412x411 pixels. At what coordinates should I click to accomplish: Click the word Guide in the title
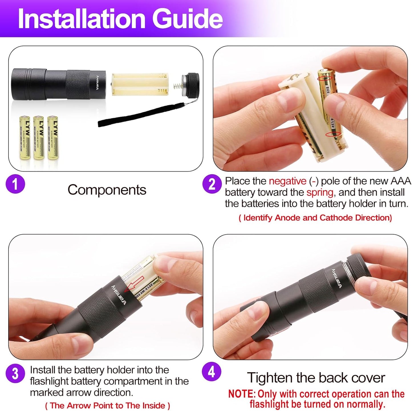187,19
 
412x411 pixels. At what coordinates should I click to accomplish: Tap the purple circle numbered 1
15,184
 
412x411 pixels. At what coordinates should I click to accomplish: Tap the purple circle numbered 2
212,184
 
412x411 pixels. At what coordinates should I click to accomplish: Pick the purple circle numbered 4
211,372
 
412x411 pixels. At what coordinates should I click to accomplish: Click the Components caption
107,190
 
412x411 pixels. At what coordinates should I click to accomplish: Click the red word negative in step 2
287,181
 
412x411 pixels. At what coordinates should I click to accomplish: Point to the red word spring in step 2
320,193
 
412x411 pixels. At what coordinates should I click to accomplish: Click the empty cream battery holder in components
139,84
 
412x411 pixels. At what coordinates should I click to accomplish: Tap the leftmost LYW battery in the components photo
25,137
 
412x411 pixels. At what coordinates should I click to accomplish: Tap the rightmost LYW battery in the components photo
53,137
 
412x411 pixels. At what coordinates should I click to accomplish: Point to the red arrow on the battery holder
135,284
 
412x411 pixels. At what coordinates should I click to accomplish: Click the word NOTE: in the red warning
242,394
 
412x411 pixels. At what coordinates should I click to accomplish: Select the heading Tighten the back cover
316,378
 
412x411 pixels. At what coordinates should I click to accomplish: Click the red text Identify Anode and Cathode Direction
315,218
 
